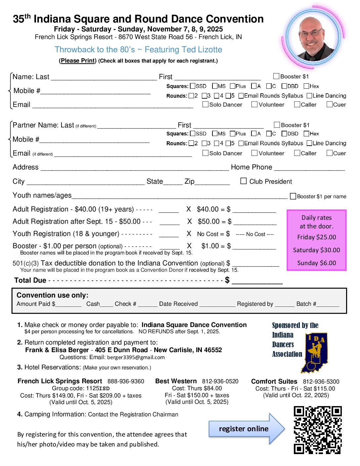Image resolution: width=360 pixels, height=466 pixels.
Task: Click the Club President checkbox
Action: pyautogui.click(x=244, y=181)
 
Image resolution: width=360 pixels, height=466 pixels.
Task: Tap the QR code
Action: pyautogui.click(x=318, y=430)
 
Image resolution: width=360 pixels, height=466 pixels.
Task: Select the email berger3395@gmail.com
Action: pyautogui.click(x=136, y=357)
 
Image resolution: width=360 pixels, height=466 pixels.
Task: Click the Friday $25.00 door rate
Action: pyautogui.click(x=316, y=237)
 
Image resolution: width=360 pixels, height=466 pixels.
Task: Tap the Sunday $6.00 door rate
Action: pyautogui.click(x=316, y=263)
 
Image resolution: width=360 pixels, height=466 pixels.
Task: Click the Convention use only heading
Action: pyautogui.click(x=52, y=295)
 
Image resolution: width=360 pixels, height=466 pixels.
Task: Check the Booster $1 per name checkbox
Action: pyautogui.click(x=293, y=196)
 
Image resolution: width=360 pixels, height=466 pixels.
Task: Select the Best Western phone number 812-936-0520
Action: pyautogui.click(x=220, y=381)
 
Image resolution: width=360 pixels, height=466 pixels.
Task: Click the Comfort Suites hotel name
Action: pyautogui.click(x=274, y=381)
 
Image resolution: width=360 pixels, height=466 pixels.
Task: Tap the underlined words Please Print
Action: pyautogui.click(x=78, y=61)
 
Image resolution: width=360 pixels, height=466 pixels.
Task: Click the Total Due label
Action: pyautogui.click(x=30, y=280)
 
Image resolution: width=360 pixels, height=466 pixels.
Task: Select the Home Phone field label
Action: pyautogui.click(x=251, y=167)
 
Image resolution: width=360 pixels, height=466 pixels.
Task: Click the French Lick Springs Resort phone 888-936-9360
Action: pyautogui.click(x=126, y=381)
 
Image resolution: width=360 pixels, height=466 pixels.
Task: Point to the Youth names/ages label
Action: pyautogui.click(x=42, y=195)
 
